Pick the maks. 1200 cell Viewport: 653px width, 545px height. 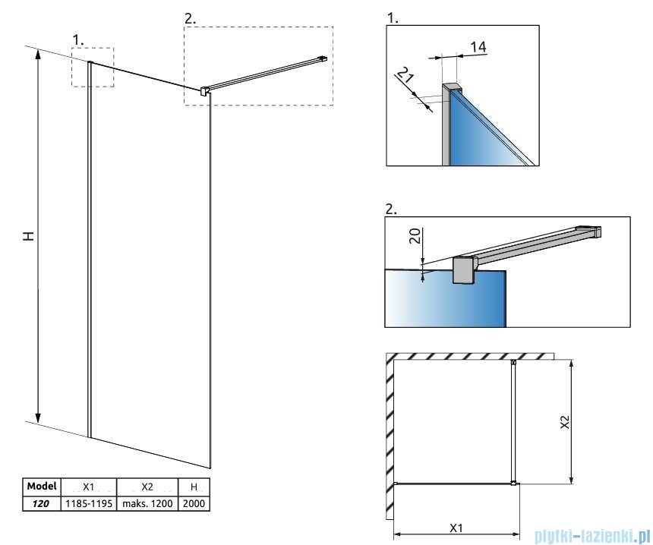click(x=147, y=502)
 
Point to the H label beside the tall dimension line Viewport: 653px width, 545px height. click(x=28, y=235)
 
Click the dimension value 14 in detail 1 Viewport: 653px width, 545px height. click(x=478, y=47)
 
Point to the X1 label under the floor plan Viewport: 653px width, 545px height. click(x=456, y=526)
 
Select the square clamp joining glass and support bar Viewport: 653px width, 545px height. click(x=203, y=91)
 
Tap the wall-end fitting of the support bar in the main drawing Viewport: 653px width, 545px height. click(x=323, y=58)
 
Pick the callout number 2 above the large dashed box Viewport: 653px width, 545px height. click(x=190, y=18)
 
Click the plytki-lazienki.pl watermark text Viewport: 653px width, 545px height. click(x=591, y=536)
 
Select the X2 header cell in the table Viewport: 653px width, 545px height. click(x=147, y=487)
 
